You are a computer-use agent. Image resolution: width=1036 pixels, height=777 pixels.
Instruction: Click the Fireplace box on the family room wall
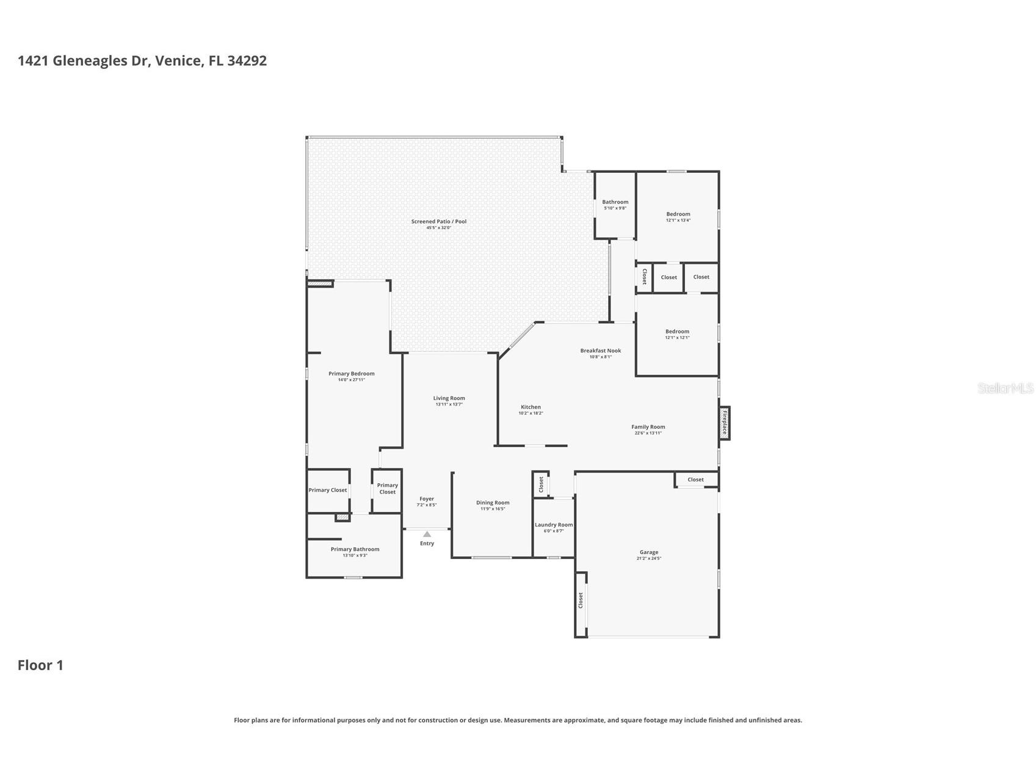pos(724,423)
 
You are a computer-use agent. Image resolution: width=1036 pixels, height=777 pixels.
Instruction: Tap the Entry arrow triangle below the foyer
pos(427,534)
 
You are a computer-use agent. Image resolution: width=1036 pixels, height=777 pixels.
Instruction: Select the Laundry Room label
pos(554,525)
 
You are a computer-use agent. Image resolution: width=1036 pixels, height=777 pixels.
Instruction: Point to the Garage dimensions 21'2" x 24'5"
pos(648,558)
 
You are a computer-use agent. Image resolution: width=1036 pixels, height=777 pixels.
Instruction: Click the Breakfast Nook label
pos(600,351)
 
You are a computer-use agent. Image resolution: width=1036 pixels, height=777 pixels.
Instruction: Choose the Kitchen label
pos(531,407)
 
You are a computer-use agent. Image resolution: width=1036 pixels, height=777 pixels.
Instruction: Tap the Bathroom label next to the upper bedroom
pos(615,202)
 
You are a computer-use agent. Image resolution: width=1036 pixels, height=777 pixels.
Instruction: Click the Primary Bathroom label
pos(355,549)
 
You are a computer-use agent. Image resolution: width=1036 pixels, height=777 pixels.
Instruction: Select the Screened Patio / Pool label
pos(438,221)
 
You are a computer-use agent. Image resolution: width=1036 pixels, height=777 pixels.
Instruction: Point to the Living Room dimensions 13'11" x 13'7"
pos(449,404)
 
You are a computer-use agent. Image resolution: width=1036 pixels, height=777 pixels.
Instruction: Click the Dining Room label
pos(493,503)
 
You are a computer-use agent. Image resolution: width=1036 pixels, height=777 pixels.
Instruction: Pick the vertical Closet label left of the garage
pos(581,600)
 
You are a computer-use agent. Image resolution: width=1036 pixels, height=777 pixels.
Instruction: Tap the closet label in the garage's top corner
pos(695,480)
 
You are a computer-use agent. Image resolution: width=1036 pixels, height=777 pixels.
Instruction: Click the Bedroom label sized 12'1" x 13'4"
pos(678,214)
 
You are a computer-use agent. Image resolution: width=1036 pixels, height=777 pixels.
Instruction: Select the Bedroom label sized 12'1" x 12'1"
pos(677,331)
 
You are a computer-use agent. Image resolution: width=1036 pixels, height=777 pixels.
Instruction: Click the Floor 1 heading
pos(40,665)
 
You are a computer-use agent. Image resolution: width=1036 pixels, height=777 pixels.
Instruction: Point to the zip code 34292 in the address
pos(247,60)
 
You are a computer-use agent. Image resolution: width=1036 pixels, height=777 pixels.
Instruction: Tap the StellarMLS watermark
pos(1005,388)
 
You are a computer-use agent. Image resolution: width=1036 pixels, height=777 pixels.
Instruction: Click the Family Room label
pos(648,427)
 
